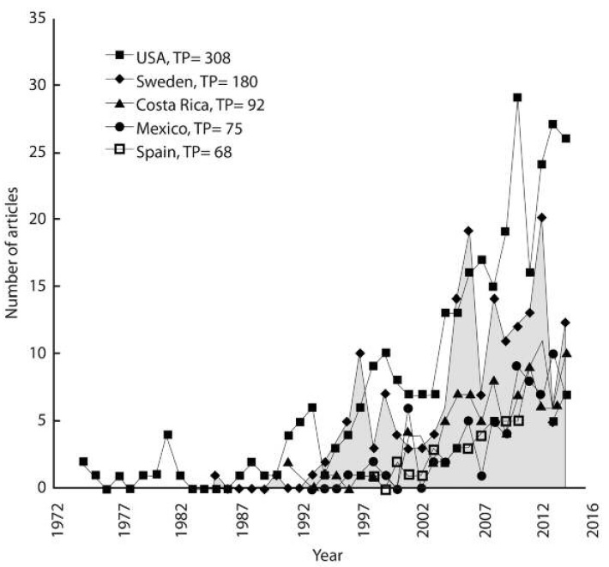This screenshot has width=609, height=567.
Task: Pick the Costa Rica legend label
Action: click(x=196, y=106)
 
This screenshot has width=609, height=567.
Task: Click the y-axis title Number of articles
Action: click(x=14, y=254)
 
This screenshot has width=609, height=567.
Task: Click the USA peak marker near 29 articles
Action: click(x=517, y=98)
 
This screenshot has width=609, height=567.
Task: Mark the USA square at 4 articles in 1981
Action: click(x=168, y=434)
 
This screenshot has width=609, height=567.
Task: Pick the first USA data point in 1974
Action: click(x=83, y=461)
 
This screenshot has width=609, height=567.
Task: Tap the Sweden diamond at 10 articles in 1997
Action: click(x=360, y=353)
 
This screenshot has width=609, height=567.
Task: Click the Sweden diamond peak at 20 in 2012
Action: click(x=541, y=218)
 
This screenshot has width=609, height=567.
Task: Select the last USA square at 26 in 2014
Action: click(x=565, y=138)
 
